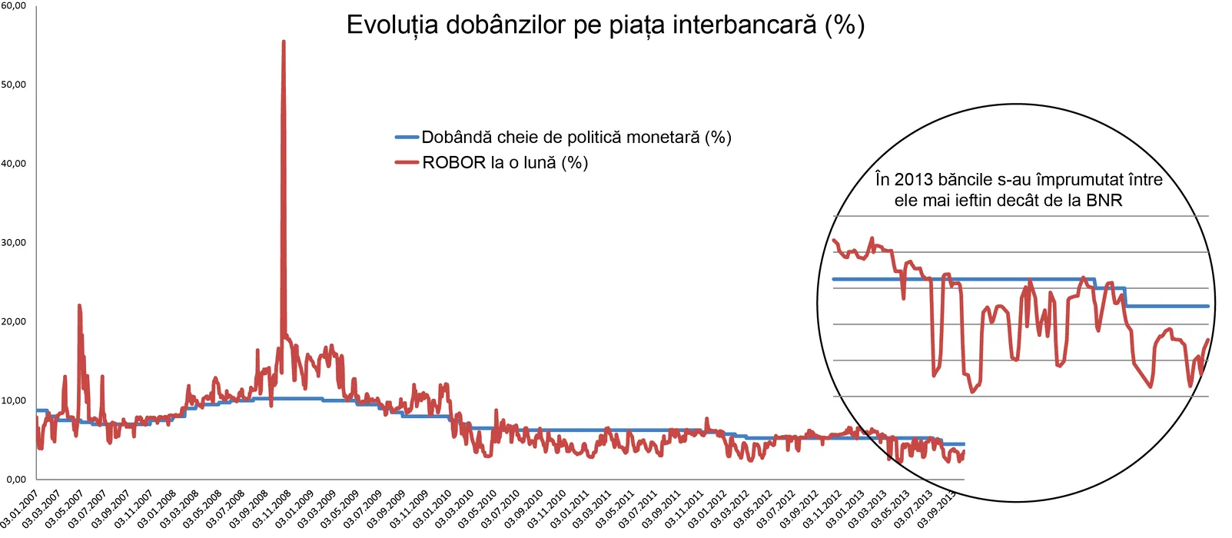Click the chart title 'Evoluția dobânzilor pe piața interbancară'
click(605, 25)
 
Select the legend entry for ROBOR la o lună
click(504, 163)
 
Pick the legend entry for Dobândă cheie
click(576, 138)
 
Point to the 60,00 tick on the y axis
click(13, 5)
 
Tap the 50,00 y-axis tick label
click(13, 85)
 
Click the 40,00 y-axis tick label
click(13, 164)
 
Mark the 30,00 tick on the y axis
click(13, 243)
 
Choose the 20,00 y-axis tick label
click(13, 322)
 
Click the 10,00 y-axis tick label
click(13, 400)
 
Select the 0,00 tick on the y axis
click(15, 480)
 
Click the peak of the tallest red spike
click(284, 42)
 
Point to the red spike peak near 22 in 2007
click(79, 306)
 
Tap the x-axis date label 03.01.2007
click(20, 509)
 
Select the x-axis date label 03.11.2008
click(272, 509)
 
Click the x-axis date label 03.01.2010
click(432, 509)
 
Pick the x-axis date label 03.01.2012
click(707, 509)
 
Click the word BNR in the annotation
click(1104, 201)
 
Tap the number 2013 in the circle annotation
click(913, 180)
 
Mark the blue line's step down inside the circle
click(1126, 297)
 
